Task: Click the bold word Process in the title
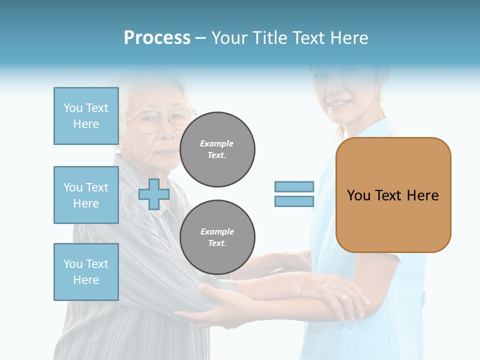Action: pyautogui.click(x=157, y=38)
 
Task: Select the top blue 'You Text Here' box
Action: pyautogui.click(x=86, y=116)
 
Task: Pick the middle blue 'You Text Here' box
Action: pyautogui.click(x=86, y=195)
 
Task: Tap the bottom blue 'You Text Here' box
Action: pyautogui.click(x=86, y=272)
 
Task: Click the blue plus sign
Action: pyautogui.click(x=153, y=194)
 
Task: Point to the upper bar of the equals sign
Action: pyautogui.click(x=294, y=186)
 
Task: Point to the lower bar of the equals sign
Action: pyautogui.click(x=294, y=201)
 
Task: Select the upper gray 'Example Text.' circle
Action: pyautogui.click(x=217, y=149)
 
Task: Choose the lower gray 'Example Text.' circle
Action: pyautogui.click(x=217, y=237)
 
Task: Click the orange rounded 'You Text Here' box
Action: pyautogui.click(x=393, y=195)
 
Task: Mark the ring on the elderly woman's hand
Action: pyautogui.click(x=344, y=297)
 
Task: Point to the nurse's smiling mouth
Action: pyautogui.click(x=340, y=104)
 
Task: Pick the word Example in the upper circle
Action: pyautogui.click(x=217, y=143)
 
